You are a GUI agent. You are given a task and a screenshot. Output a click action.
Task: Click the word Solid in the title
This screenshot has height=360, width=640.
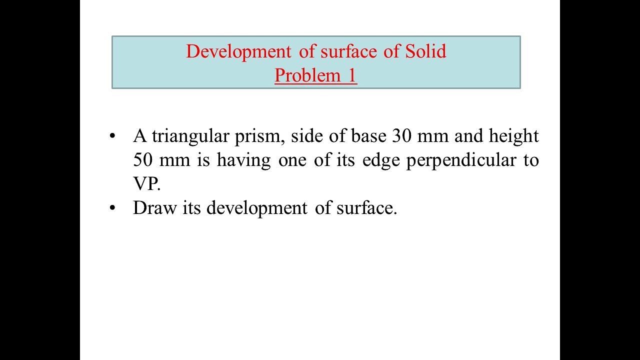pos(425,51)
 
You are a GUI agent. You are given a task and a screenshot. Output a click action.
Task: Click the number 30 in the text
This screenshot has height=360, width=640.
pos(402,136)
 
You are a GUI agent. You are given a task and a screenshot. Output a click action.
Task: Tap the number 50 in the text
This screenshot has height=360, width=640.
pos(143,160)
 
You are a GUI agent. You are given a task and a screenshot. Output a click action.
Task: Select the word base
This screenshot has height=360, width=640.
pos(370,136)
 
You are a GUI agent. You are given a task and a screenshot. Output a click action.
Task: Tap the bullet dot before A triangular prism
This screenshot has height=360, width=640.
pos(114,136)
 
